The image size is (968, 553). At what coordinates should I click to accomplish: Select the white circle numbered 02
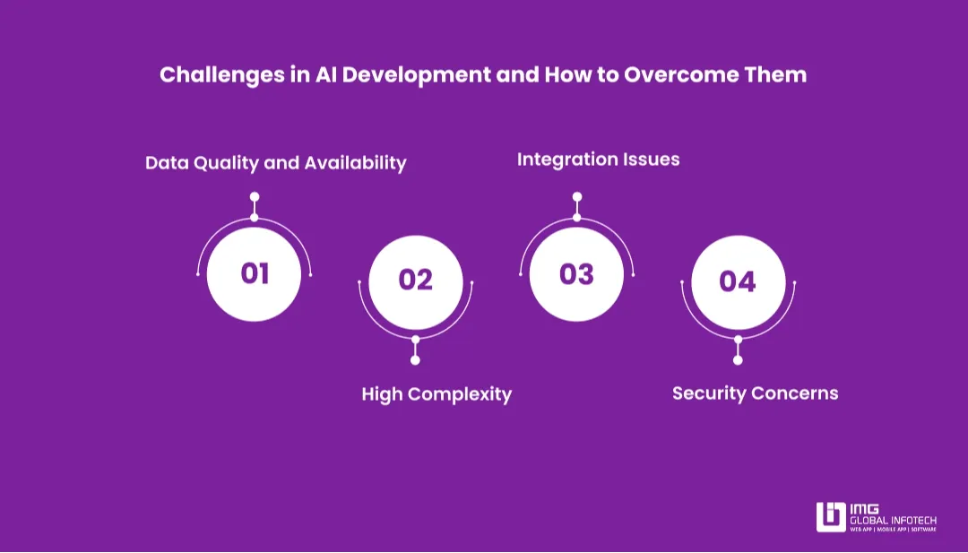click(x=415, y=281)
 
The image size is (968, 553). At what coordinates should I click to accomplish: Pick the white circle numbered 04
click(x=738, y=281)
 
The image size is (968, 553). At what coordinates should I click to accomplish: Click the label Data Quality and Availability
click(x=275, y=163)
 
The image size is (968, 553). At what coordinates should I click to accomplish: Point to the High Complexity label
click(x=436, y=394)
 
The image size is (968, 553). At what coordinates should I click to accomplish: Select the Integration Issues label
click(x=598, y=160)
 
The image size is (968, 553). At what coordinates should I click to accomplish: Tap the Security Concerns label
click(x=755, y=393)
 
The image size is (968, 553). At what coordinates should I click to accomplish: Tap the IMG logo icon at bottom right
click(x=830, y=517)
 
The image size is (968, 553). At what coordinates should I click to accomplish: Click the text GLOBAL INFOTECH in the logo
click(x=893, y=519)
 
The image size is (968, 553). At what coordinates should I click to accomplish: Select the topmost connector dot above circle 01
click(x=255, y=196)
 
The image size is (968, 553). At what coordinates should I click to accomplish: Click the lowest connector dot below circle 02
click(x=415, y=360)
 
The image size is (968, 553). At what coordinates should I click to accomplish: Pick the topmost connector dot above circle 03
click(x=576, y=196)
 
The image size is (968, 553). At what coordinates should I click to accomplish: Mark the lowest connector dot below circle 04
click(x=738, y=360)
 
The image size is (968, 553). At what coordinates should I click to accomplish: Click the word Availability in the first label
click(x=355, y=163)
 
